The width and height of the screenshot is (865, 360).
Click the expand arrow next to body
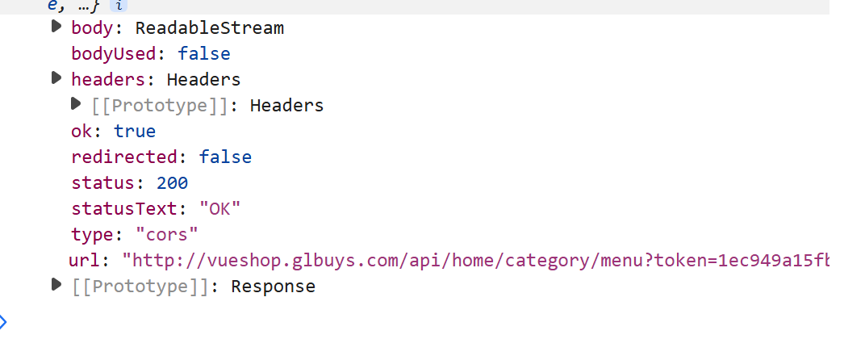click(x=56, y=27)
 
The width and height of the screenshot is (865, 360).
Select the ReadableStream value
click(x=210, y=28)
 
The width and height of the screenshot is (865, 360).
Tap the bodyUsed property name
click(x=115, y=54)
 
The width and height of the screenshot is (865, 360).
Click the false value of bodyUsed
click(x=203, y=54)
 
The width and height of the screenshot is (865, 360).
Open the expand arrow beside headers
click(x=56, y=77)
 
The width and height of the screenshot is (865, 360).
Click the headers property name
click(x=108, y=80)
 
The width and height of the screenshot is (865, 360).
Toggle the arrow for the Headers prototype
click(x=76, y=103)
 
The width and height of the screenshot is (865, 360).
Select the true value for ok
click(x=136, y=132)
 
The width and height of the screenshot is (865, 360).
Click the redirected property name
click(x=125, y=157)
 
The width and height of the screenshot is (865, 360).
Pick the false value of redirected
click(x=225, y=157)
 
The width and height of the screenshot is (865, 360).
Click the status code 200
click(x=172, y=182)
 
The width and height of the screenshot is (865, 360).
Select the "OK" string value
click(x=220, y=209)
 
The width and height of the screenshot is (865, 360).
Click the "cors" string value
click(x=166, y=235)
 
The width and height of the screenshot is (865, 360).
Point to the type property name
click(x=92, y=235)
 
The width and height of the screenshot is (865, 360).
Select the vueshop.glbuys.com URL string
click(x=475, y=261)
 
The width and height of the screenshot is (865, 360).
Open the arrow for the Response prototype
click(x=56, y=284)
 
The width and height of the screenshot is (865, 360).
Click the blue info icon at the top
click(x=119, y=6)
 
